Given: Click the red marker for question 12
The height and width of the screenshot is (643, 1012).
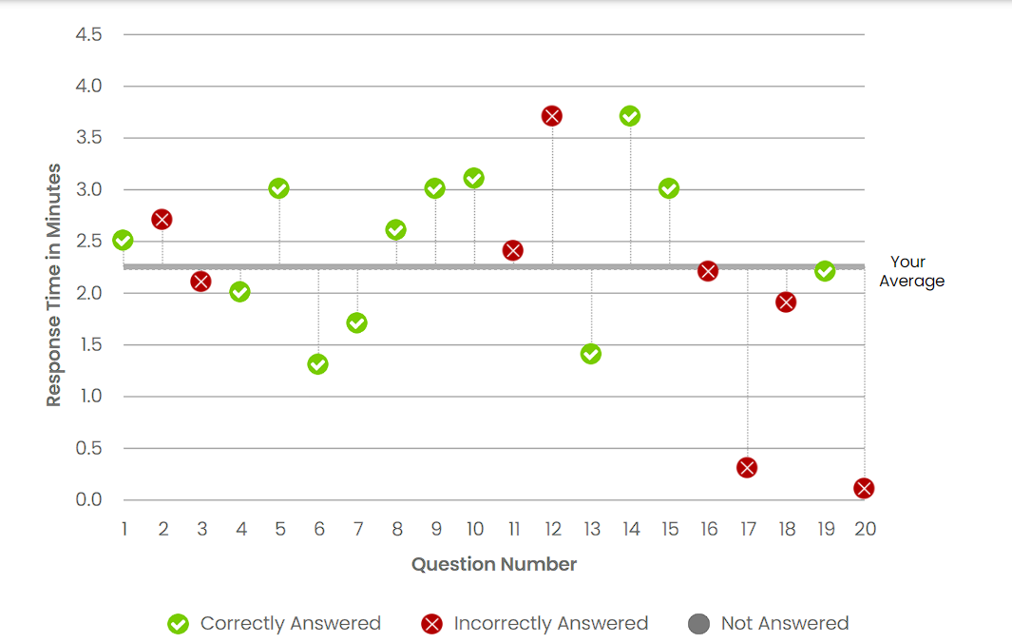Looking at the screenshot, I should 552,116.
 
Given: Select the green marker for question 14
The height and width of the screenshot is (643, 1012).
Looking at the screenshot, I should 630,116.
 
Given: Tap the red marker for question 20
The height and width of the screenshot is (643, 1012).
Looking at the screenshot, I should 864,488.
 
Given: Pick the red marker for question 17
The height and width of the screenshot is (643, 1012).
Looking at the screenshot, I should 747,467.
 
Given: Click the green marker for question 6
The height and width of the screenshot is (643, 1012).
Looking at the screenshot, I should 318,364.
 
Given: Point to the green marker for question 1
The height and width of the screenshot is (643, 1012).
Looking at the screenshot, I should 123,240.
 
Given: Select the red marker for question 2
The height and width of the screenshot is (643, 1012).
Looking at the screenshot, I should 162,220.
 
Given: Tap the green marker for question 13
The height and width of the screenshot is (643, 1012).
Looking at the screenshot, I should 591,354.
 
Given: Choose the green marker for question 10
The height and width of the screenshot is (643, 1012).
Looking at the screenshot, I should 474,178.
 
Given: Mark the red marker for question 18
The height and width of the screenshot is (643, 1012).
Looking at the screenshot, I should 786,302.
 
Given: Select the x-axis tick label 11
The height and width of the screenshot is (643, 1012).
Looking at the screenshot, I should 513,529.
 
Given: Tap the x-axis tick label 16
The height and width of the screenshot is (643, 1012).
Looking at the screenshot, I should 709,529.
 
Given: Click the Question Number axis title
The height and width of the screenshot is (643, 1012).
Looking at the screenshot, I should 494,564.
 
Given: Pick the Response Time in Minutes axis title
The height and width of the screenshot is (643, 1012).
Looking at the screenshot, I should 54,285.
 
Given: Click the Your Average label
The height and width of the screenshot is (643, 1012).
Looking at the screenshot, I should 910,271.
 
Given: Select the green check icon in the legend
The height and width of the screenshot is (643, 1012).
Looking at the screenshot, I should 178,624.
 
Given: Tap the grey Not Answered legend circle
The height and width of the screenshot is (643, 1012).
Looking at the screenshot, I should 698,624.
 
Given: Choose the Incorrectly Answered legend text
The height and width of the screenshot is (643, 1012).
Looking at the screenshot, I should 551,624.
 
